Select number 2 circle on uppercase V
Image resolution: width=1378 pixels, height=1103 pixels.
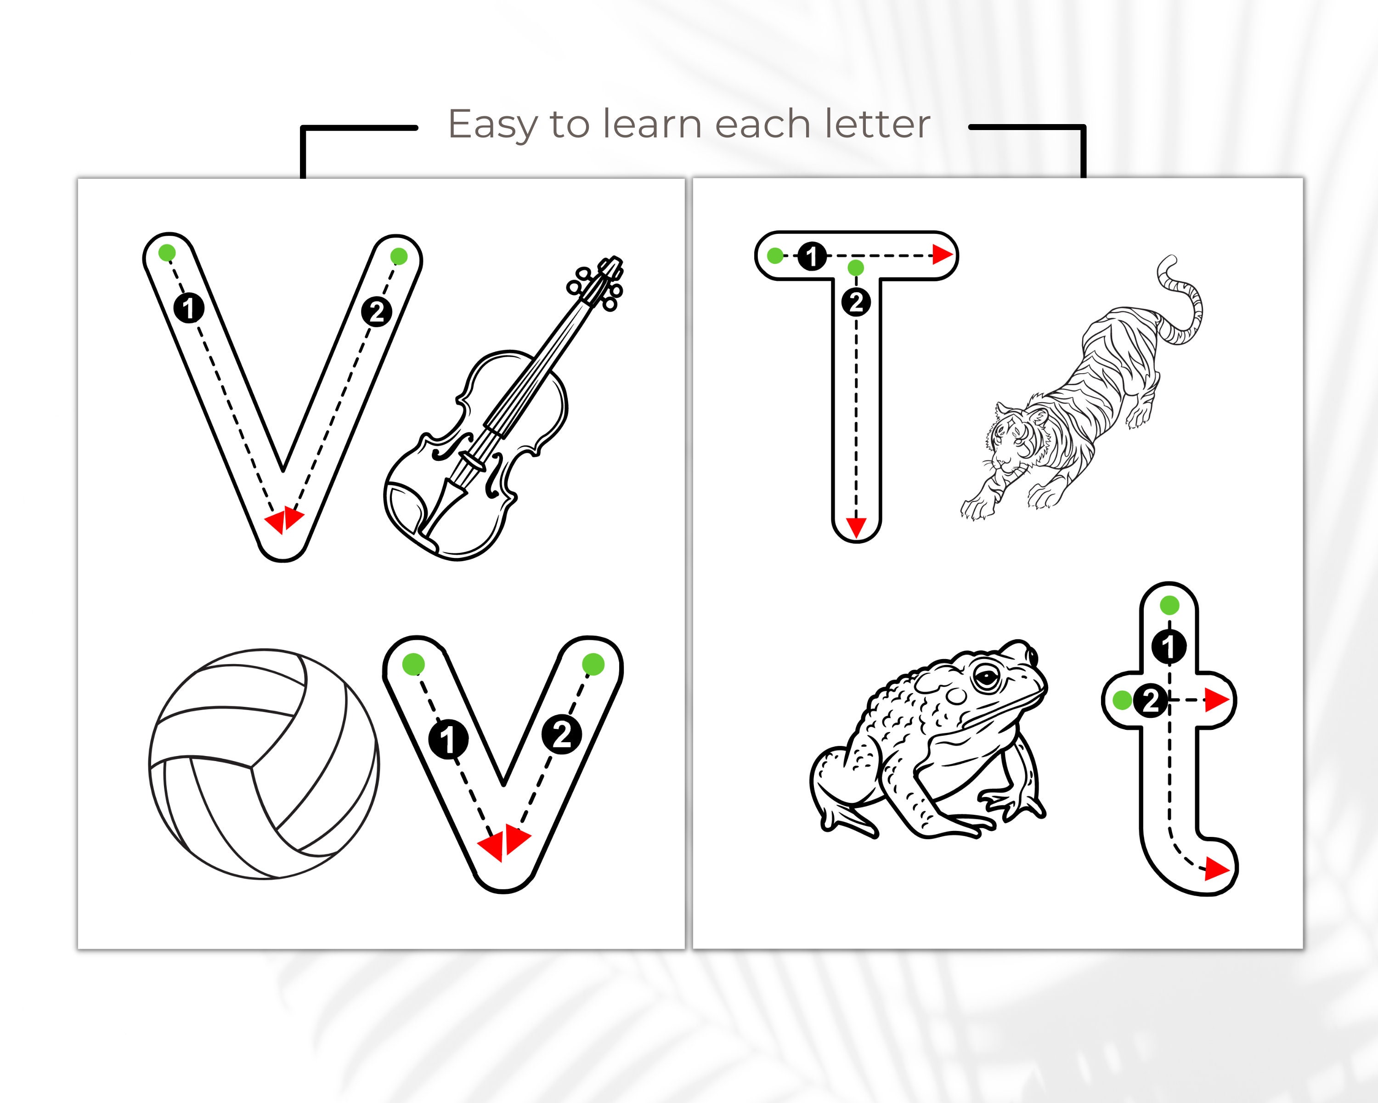[x=377, y=312]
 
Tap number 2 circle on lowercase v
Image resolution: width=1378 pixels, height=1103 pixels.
[x=562, y=735]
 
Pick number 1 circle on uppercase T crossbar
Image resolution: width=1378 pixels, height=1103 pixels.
[x=812, y=256]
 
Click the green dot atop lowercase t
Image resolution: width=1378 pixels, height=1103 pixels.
[x=1169, y=604]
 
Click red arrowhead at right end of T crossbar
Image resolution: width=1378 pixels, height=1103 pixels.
[x=942, y=255]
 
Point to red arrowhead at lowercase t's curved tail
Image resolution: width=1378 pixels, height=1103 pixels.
[x=1216, y=869]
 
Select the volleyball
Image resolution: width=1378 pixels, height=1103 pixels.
[x=264, y=764]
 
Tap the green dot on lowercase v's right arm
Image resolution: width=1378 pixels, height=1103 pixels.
[x=593, y=665]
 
